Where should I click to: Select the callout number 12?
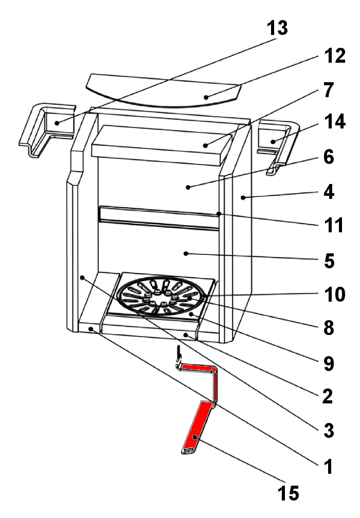click(x=334, y=56)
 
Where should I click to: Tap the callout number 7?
click(x=329, y=90)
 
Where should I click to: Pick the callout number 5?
click(x=326, y=261)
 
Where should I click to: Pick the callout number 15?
click(x=287, y=493)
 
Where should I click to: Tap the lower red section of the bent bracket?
click(x=197, y=427)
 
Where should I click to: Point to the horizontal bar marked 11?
click(x=159, y=217)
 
